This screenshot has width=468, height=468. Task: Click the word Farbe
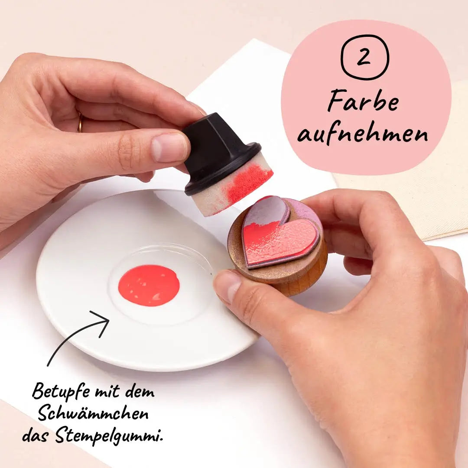pos(363,101)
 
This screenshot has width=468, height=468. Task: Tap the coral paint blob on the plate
pos(149,285)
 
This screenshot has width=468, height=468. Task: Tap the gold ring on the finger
pos(80,122)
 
